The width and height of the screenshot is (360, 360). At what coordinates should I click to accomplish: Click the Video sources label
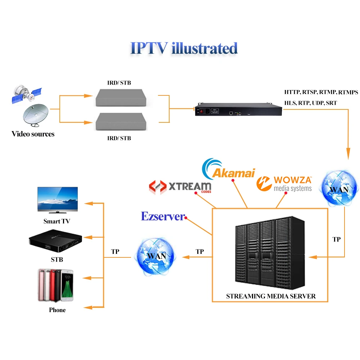pos(33,134)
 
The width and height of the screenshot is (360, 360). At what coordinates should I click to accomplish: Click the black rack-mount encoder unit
pos(238,110)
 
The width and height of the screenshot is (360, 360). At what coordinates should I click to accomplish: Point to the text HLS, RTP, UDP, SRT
pos(310,103)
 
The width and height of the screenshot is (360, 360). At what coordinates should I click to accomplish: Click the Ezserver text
pos(162,216)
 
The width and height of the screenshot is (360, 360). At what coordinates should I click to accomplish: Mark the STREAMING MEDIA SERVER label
pos(271,296)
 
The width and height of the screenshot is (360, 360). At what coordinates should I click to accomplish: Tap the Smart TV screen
pos(58,199)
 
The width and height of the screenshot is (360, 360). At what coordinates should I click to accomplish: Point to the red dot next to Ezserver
pos(186,217)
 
